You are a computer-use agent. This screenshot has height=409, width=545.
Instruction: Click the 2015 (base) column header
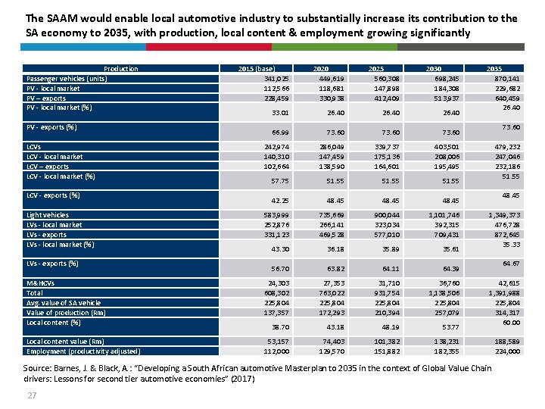[x=257, y=69]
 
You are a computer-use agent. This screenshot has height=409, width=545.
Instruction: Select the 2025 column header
[x=376, y=69]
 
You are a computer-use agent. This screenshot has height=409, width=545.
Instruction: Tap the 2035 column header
[x=494, y=69]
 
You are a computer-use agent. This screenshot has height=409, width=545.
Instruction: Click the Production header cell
[x=121, y=69]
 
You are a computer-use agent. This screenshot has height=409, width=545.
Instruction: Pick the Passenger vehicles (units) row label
[x=67, y=79]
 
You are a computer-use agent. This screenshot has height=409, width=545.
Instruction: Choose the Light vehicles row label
[x=48, y=215]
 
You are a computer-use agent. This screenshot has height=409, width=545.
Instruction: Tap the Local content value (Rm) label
[x=65, y=342]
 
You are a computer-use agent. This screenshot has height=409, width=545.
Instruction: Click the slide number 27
[x=32, y=395]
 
